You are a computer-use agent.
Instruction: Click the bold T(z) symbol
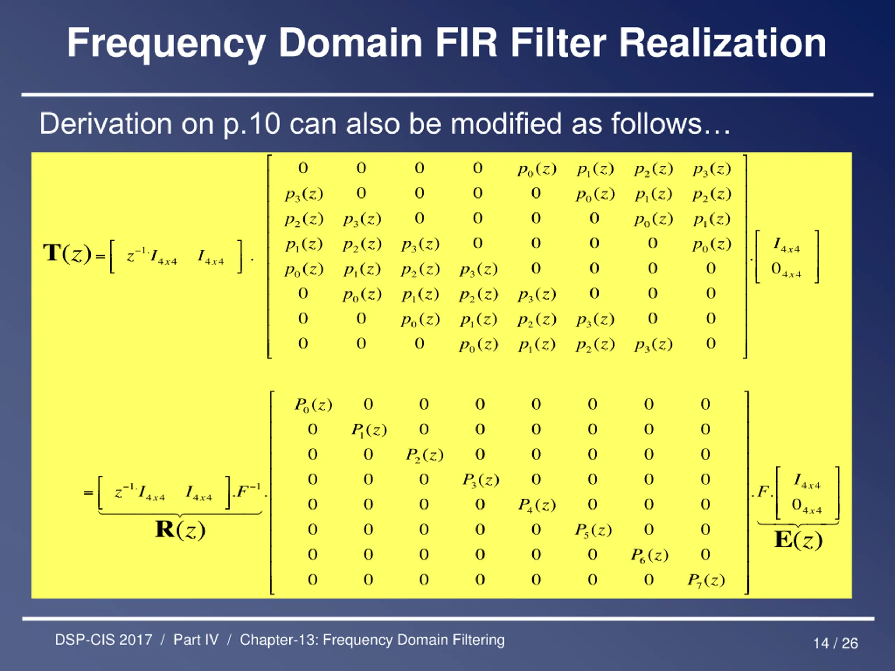(x=67, y=254)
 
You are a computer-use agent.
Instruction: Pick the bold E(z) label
(x=798, y=540)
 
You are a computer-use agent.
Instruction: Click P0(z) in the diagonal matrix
(x=314, y=404)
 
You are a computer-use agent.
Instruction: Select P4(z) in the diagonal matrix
(x=537, y=505)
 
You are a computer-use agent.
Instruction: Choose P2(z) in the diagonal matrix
(x=425, y=455)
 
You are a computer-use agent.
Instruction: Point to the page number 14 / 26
(x=836, y=643)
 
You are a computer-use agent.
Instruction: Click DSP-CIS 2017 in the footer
(x=103, y=640)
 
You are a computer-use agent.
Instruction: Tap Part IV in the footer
(x=196, y=640)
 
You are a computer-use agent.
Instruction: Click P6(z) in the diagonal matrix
(x=650, y=555)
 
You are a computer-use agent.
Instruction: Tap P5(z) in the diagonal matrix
(x=594, y=530)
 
